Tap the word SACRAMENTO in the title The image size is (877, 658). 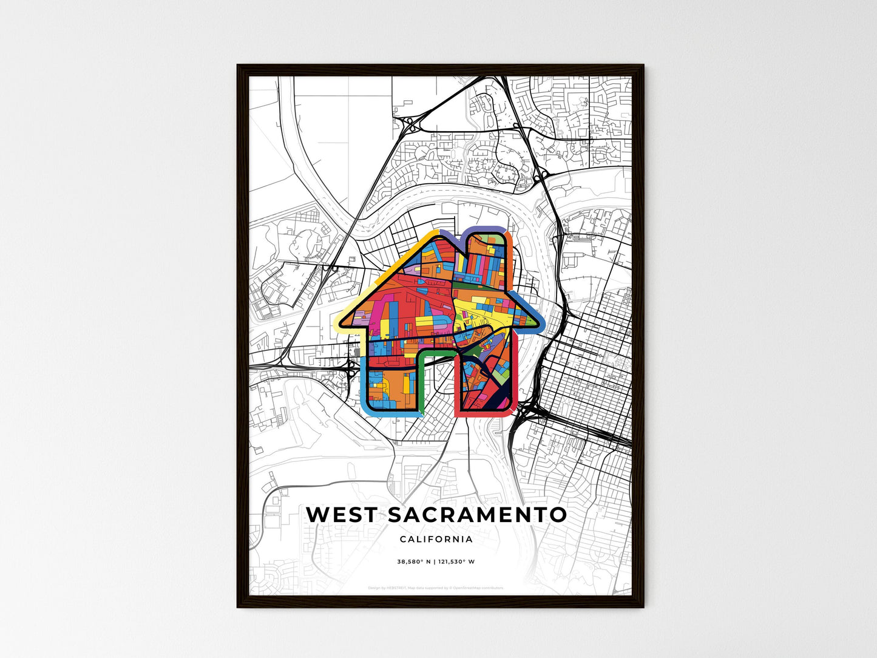coord(477,514)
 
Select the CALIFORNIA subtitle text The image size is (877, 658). coord(436,539)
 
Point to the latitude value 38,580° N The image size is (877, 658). coord(414,561)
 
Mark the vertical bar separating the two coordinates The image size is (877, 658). coord(434,561)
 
